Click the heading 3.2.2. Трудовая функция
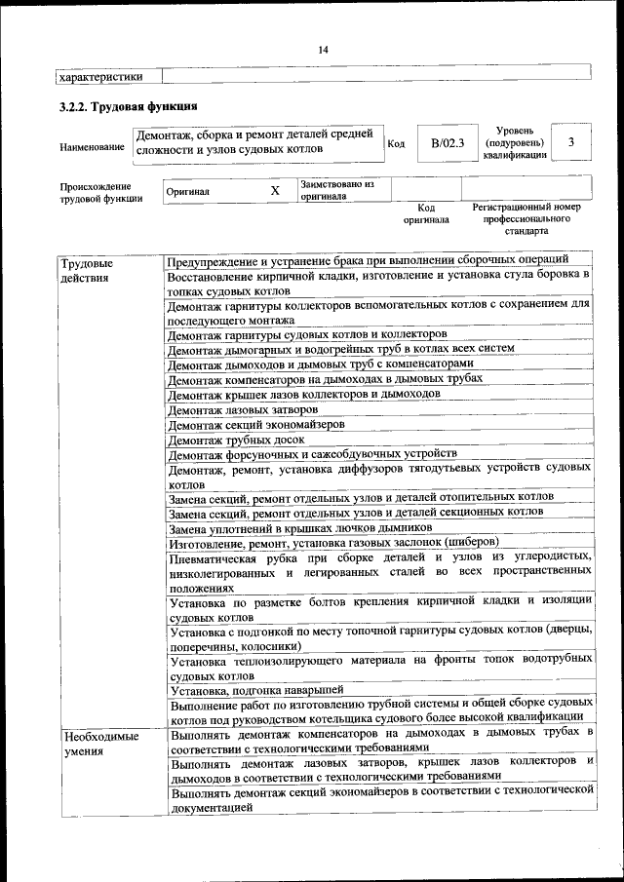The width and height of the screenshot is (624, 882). pyautogui.click(x=129, y=106)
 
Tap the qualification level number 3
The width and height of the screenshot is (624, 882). pyautogui.click(x=571, y=142)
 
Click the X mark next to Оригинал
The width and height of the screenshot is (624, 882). pyautogui.click(x=275, y=191)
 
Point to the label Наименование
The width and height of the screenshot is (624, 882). pyautogui.click(x=92, y=147)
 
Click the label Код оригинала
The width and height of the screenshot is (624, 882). pyautogui.click(x=426, y=213)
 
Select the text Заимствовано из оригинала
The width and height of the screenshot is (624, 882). pyautogui.click(x=337, y=189)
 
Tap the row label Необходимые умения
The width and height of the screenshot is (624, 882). pyautogui.click(x=99, y=744)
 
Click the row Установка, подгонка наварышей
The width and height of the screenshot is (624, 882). pyautogui.click(x=255, y=689)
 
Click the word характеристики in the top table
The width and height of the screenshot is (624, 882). pyautogui.click(x=101, y=75)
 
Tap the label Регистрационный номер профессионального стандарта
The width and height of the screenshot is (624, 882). pyautogui.click(x=526, y=219)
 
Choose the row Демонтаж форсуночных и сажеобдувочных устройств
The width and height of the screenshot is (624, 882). pyautogui.click(x=312, y=454)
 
